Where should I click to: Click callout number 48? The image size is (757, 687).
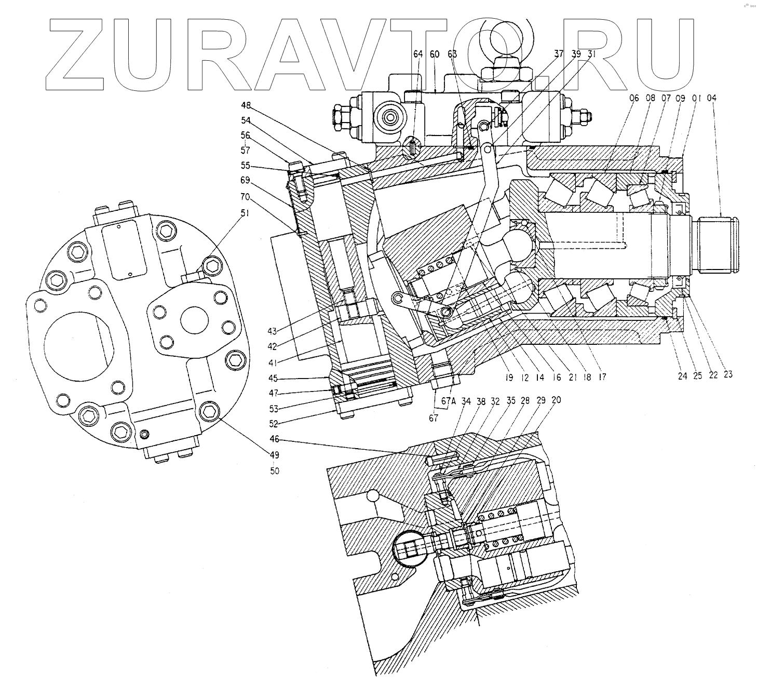pos(246,105)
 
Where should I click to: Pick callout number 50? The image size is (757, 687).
pos(274,471)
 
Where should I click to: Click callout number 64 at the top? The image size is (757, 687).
pos(418,54)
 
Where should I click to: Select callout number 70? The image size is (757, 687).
pos(246,197)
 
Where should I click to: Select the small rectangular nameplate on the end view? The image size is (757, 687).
pos(123,243)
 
